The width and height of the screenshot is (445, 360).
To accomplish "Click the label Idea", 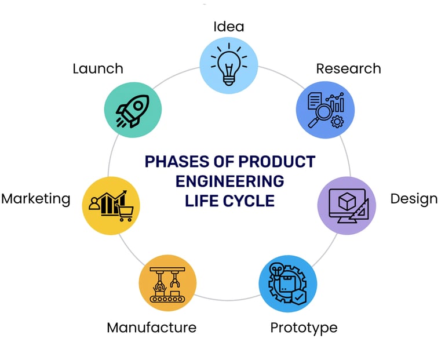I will coord(229,27).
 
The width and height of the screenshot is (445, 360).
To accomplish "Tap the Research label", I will coord(348,68).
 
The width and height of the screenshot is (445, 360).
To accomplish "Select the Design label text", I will coord(414,199).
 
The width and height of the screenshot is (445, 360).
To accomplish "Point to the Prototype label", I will coord(304,328).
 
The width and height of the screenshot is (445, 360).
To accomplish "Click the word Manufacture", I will coord(151,328).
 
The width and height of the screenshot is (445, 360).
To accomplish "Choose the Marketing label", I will coord(35,199).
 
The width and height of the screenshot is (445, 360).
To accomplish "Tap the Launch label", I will coord(98,68).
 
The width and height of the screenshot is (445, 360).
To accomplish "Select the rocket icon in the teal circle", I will coord(133,109).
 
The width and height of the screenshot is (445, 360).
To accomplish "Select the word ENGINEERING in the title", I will coord(230,181).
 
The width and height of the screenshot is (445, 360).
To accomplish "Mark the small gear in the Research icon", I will coord(337,121).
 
